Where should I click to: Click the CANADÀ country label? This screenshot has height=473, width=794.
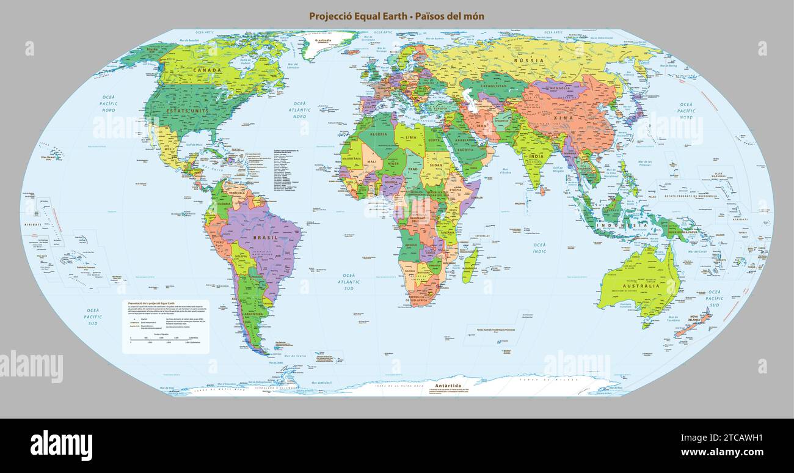[207, 70]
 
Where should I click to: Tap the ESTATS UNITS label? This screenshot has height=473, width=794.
[188, 111]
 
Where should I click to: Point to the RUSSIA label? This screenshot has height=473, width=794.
[528, 61]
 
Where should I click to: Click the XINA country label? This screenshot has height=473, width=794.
[562, 116]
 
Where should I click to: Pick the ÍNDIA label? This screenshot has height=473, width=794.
[536, 156]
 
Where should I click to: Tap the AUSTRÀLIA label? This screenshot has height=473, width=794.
[641, 285]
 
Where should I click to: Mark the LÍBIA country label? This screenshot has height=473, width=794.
[411, 137]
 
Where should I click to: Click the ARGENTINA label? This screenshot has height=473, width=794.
[253, 314]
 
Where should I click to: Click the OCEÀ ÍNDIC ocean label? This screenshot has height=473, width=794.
[540, 248]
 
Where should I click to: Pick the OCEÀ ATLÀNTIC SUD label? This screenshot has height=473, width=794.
[349, 282]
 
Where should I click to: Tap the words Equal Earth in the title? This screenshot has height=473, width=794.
[375, 16]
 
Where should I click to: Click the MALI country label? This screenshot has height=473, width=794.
[371, 162]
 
